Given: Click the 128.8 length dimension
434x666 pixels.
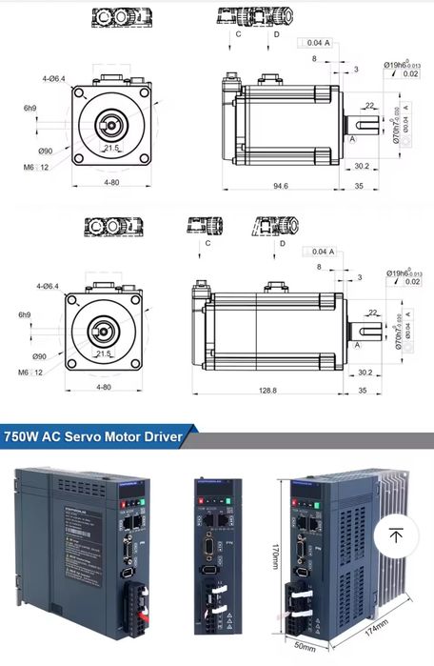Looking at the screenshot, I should (267, 390).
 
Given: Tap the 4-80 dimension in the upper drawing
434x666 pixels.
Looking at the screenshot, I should (111, 181).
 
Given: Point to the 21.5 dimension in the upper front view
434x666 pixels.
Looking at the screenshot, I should (111, 149).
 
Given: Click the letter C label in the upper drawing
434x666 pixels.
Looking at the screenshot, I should (238, 34).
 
